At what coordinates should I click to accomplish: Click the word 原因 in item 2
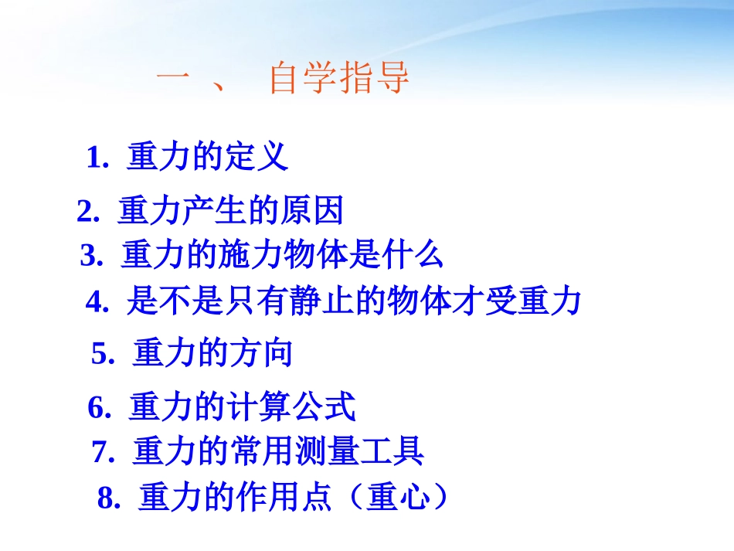click(x=311, y=211)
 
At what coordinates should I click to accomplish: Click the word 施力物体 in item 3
click(x=300, y=255)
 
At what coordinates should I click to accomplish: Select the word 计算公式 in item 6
click(x=291, y=407)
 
